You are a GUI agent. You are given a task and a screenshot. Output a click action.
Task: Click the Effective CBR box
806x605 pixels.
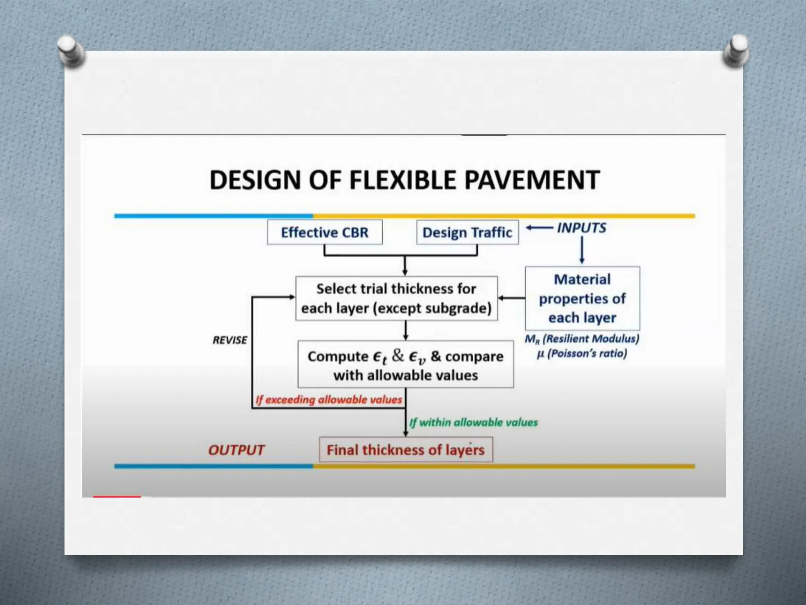click(325, 232)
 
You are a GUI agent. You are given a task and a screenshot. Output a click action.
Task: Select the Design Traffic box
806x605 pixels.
click(467, 232)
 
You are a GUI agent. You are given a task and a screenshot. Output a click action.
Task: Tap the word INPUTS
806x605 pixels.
click(581, 228)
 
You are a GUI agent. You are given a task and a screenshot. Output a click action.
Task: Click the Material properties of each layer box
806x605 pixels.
click(582, 299)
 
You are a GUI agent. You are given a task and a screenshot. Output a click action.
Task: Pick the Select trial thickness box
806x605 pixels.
click(396, 299)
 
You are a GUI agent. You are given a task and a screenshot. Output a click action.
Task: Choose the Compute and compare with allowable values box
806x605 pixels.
click(405, 365)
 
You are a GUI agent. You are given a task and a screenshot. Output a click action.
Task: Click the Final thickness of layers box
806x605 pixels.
click(405, 450)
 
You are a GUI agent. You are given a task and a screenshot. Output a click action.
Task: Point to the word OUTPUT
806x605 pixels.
click(236, 450)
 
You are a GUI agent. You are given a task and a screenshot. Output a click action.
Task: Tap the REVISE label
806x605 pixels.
click(230, 340)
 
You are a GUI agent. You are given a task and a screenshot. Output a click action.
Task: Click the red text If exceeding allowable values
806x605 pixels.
click(329, 400)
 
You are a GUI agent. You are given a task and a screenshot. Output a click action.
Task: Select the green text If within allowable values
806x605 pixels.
click(473, 423)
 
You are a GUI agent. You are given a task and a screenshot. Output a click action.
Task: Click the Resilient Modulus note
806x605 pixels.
click(582, 339)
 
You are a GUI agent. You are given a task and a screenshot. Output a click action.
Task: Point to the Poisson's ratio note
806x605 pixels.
click(582, 353)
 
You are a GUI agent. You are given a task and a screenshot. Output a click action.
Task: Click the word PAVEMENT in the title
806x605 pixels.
click(532, 180)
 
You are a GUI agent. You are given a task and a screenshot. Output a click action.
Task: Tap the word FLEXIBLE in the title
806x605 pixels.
click(403, 180)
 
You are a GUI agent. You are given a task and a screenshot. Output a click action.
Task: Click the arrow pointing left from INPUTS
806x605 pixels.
click(539, 228)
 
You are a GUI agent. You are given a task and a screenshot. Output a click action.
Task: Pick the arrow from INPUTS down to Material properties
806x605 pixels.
click(582, 250)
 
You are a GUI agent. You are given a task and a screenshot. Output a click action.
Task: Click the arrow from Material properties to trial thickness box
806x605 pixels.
click(512, 298)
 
